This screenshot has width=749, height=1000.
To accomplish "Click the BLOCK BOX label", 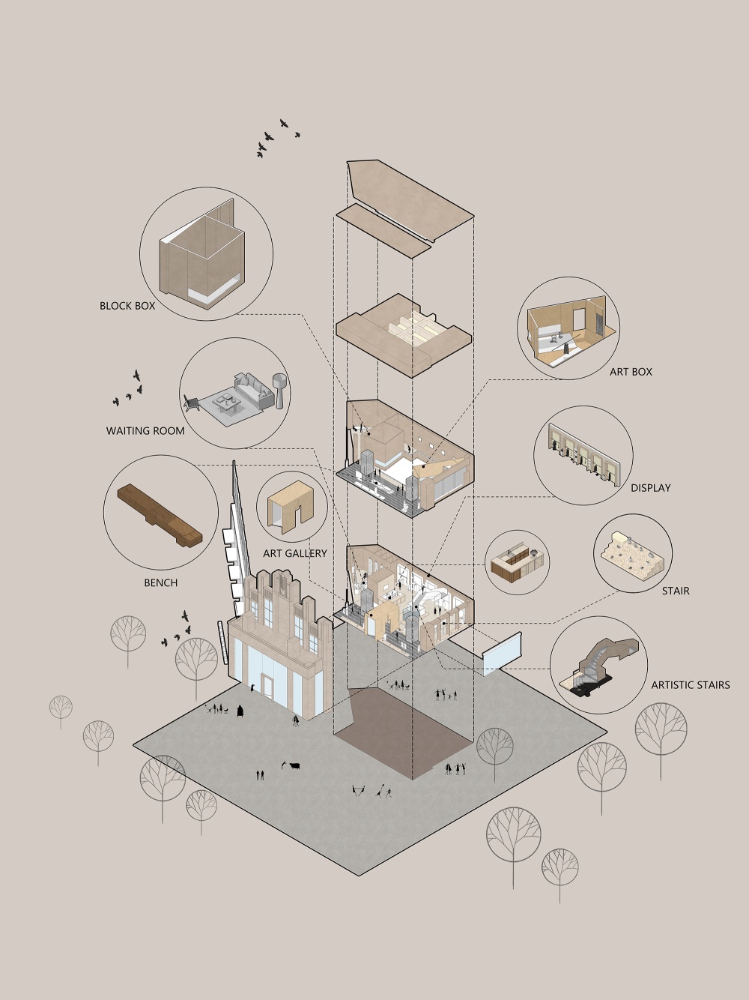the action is pyautogui.click(x=127, y=306).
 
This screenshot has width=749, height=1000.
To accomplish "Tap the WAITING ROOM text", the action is pyautogui.click(x=145, y=430).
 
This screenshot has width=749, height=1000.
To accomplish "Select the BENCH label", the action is pyautogui.click(x=160, y=582).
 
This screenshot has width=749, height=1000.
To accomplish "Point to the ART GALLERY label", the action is pyautogui.click(x=295, y=553).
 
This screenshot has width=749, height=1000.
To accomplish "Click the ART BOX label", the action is pyautogui.click(x=631, y=372).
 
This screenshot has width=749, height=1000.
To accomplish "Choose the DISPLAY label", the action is pyautogui.click(x=651, y=488).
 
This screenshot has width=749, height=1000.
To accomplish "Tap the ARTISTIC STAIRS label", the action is pyautogui.click(x=691, y=684).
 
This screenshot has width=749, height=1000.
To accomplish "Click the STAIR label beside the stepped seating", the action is pyautogui.click(x=676, y=591).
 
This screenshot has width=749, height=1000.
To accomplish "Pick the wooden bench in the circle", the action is pyautogui.click(x=160, y=515).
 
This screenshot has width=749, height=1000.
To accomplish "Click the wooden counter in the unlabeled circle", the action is pyautogui.click(x=518, y=563).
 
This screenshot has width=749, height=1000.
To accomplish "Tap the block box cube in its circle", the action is pyautogui.click(x=202, y=255).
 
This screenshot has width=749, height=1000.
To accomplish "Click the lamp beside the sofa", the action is pyautogui.click(x=279, y=391).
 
